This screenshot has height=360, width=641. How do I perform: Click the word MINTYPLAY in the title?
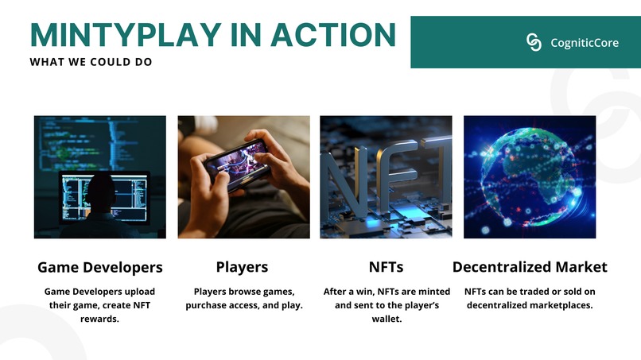coord(126,36)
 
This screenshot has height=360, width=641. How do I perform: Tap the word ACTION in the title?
coord(333,36)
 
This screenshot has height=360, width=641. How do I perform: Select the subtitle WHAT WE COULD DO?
coord(91,62)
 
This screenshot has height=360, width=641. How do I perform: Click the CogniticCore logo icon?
coord(534,42)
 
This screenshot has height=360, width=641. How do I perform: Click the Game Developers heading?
coord(100,267)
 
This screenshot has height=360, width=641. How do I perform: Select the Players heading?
coord(242,267)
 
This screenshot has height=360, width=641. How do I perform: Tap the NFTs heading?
coord(386,267)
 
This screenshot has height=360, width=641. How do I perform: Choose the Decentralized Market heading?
coord(530,267)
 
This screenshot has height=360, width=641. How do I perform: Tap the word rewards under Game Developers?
coord(99,319)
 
